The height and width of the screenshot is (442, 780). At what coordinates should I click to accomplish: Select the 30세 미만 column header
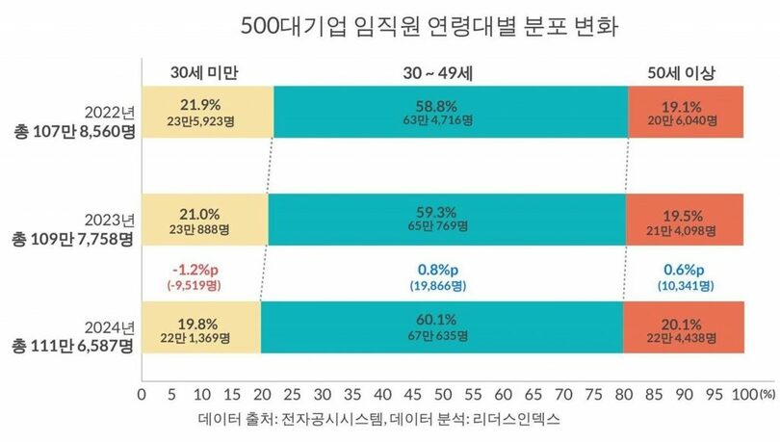[x=203, y=73]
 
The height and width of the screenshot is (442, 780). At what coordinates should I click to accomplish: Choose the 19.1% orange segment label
[x=685, y=103]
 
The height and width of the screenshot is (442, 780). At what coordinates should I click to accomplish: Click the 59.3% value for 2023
[x=447, y=213]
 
